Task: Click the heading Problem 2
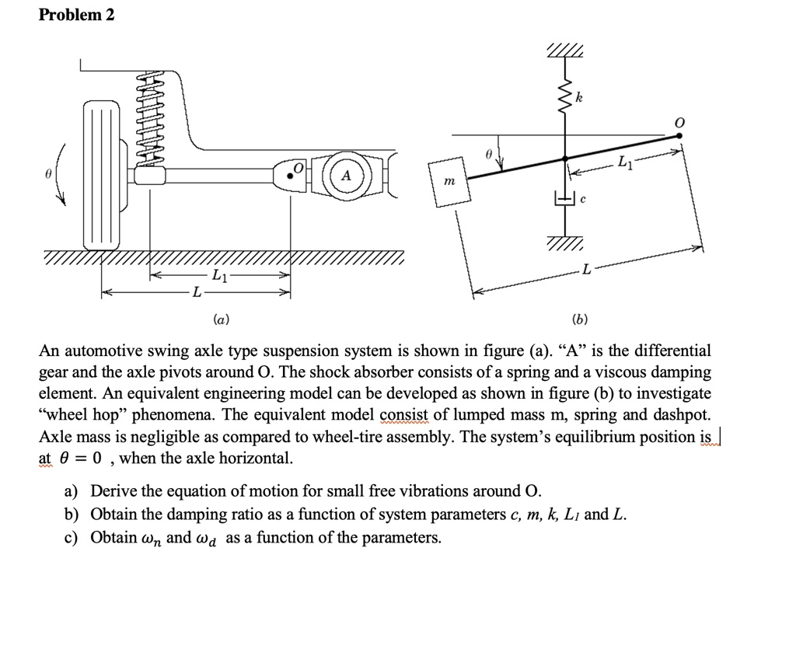(x=76, y=15)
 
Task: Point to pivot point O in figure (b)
(x=679, y=135)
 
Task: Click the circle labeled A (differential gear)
(x=346, y=176)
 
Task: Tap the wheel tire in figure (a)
(x=103, y=178)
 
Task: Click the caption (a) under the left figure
(x=221, y=319)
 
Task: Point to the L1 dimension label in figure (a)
(x=220, y=277)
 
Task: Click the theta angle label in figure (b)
(x=487, y=155)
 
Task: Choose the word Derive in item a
(x=114, y=491)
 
